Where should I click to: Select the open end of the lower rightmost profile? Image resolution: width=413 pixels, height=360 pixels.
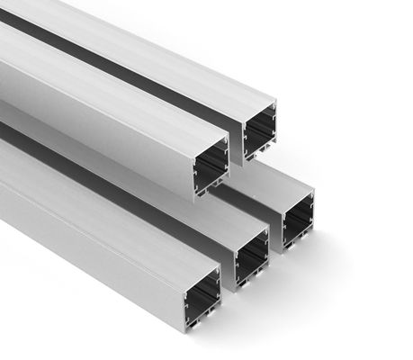pyautogui.click(x=298, y=220)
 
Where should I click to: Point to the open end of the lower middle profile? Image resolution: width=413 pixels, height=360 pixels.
pyautogui.click(x=251, y=257)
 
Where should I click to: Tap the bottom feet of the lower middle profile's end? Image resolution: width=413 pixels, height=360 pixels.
pyautogui.click(x=251, y=285)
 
